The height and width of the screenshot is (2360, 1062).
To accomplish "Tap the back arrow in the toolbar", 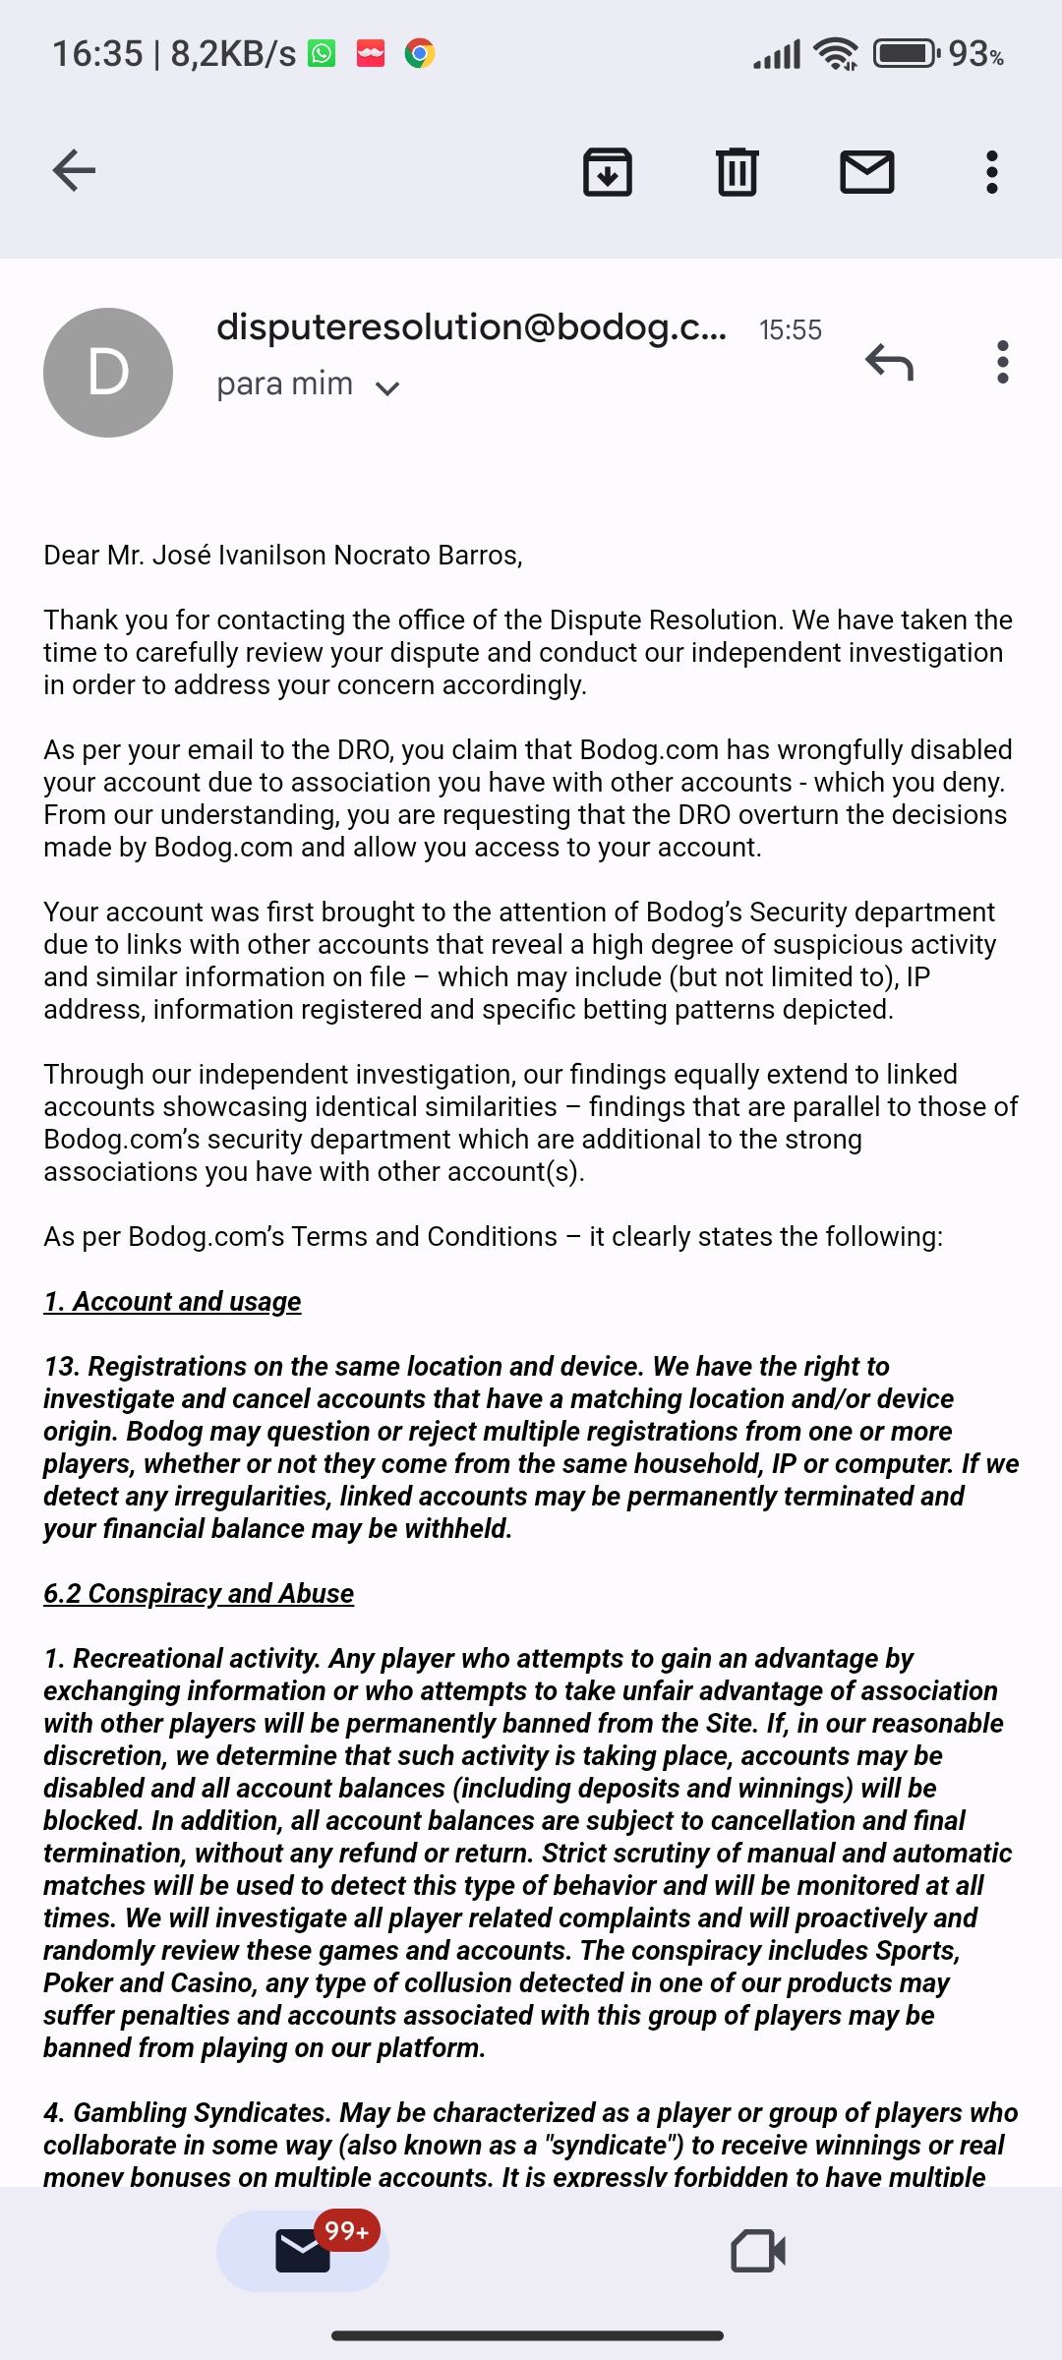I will click(x=74, y=171).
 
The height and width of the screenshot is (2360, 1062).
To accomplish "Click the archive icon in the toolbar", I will click(x=607, y=172).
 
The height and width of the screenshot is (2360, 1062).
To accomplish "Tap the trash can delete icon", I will click(x=737, y=172).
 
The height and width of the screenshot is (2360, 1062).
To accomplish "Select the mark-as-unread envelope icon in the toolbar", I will click(x=866, y=172).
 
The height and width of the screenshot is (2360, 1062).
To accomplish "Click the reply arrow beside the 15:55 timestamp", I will click(x=890, y=362).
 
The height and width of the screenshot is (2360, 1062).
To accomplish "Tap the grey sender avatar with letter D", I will click(x=108, y=373).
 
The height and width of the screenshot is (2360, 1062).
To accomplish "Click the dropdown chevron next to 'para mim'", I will click(x=387, y=388).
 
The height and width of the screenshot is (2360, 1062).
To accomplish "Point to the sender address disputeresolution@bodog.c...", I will click(x=471, y=327).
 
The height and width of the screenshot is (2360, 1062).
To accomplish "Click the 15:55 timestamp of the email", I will click(x=790, y=330).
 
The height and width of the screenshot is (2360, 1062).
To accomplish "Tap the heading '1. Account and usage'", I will click(x=172, y=1301).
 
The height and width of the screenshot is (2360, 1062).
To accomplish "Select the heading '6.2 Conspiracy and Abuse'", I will click(x=199, y=1593).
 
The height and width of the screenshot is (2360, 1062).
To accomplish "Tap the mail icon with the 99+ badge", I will click(x=303, y=2250).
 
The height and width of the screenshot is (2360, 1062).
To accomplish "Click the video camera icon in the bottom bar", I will click(x=758, y=2250).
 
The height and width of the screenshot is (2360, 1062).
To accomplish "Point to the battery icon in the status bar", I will click(x=906, y=53).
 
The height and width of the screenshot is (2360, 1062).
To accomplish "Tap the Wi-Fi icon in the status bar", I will click(x=837, y=53).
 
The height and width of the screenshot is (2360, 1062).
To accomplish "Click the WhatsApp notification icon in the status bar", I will click(x=322, y=53).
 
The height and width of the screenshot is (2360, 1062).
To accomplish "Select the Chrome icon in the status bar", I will click(x=420, y=53).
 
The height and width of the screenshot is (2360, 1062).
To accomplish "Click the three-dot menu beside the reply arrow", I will click(x=1002, y=362).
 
